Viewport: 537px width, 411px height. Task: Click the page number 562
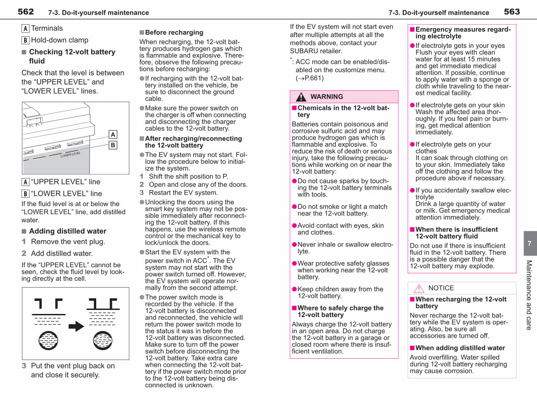(26, 12)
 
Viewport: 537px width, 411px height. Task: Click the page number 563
(512, 12)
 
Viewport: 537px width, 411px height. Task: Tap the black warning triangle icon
(301, 97)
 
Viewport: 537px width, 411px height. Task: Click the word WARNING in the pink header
(327, 97)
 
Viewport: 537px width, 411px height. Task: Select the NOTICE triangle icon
(419, 288)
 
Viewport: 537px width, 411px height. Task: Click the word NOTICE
(441, 288)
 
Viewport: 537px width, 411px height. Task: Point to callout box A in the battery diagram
(113, 135)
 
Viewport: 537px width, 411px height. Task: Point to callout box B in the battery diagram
(113, 145)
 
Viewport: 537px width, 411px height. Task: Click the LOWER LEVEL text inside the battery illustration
(71, 155)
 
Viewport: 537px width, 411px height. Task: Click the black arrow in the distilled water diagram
(77, 326)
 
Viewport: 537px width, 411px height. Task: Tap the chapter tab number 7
(529, 244)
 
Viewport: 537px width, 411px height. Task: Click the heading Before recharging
(174, 32)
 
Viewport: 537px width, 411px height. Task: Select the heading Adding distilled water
(68, 231)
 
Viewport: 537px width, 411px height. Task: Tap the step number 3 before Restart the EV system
(141, 193)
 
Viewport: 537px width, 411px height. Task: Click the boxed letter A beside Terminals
(25, 28)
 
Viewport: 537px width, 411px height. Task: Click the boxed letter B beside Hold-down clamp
(25, 40)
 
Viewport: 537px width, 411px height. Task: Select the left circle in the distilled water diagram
(48, 340)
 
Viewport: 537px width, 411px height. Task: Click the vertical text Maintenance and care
(529, 295)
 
